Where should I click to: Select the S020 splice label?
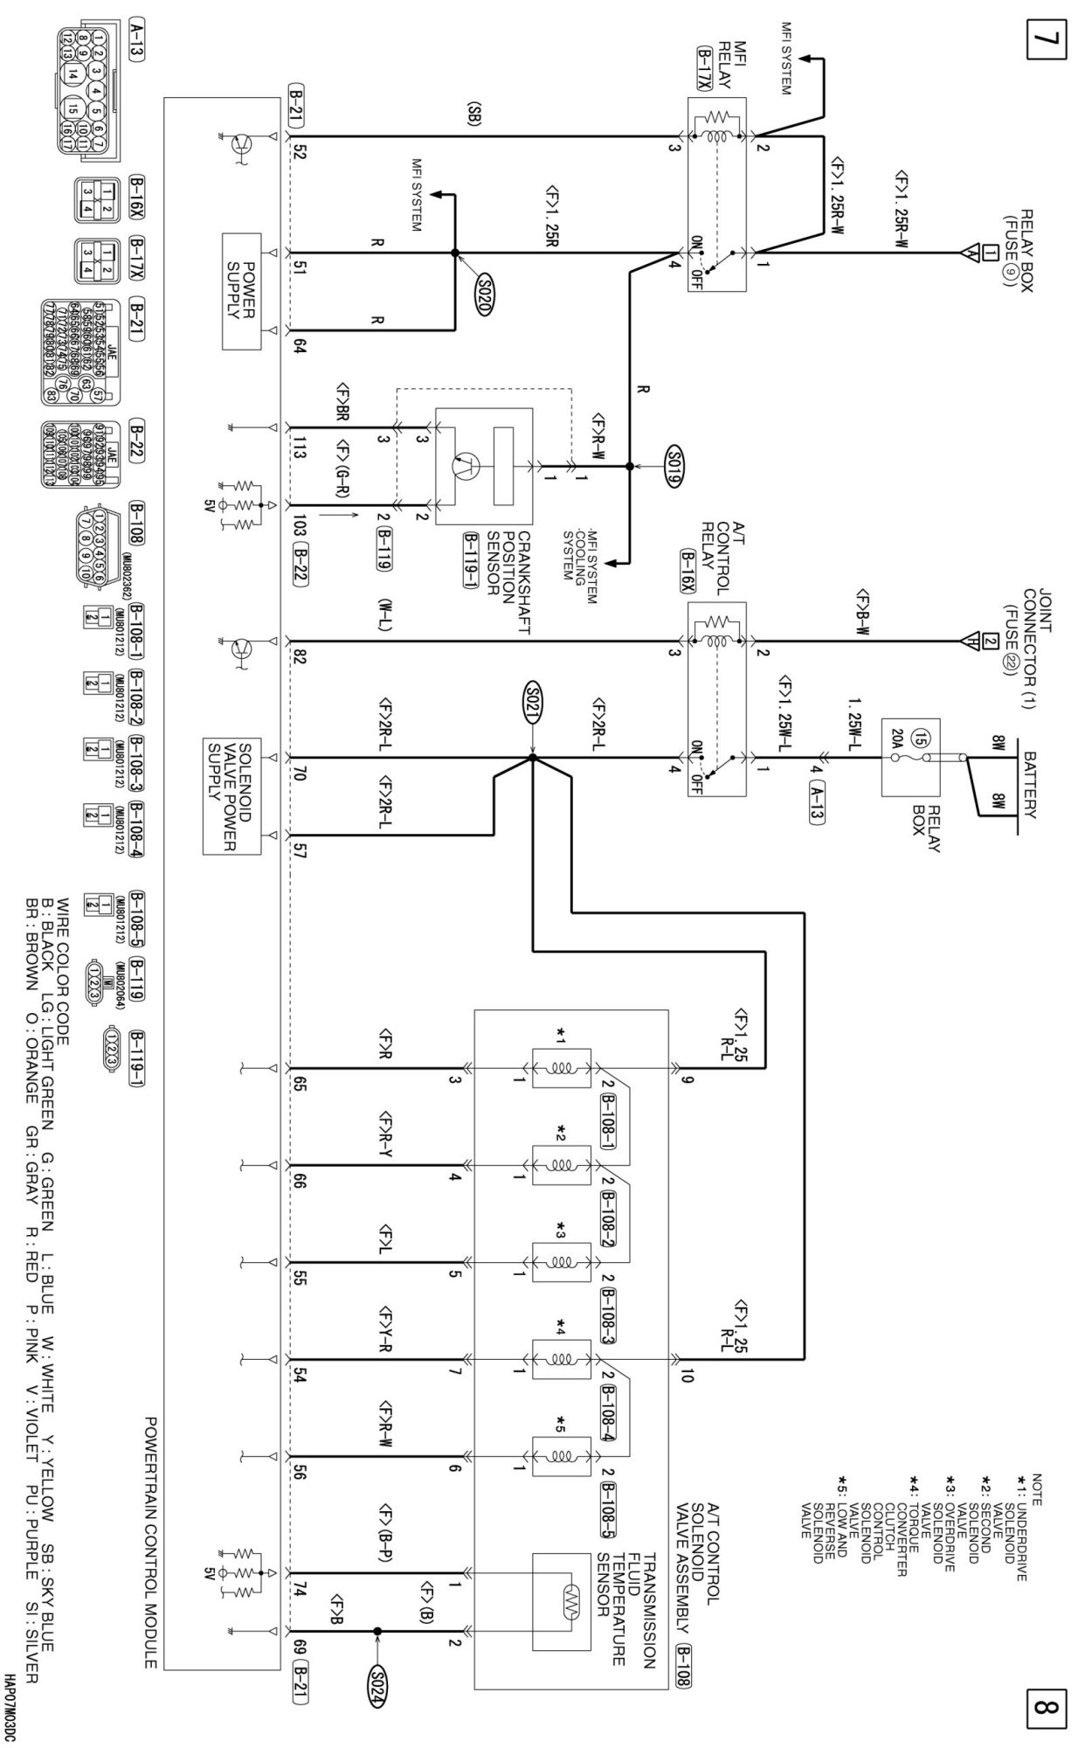486,286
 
